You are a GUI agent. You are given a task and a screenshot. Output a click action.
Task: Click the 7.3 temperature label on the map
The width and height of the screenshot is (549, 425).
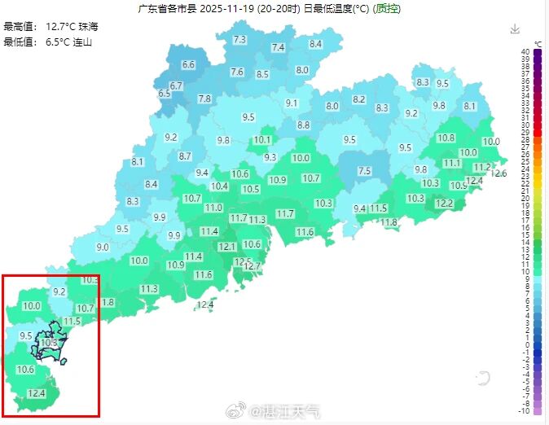[239, 40]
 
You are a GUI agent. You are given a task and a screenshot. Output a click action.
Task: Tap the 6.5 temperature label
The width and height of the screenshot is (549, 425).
[165, 94]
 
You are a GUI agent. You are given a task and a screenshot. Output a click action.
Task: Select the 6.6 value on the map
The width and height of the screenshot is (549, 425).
[188, 64]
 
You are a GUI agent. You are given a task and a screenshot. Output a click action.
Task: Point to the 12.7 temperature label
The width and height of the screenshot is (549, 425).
[252, 266]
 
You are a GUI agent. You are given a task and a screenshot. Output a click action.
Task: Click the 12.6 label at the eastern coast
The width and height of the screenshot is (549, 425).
[499, 173]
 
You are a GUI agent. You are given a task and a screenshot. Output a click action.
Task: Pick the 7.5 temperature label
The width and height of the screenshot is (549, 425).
[364, 171]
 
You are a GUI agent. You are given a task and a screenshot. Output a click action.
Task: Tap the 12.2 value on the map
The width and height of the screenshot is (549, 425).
[444, 204]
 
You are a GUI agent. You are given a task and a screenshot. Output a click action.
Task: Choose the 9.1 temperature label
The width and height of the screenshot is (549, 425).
[292, 103]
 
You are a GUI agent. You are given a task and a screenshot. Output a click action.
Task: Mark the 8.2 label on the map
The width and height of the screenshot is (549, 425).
[358, 99]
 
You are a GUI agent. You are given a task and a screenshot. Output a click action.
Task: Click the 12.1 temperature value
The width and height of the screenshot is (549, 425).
[226, 247]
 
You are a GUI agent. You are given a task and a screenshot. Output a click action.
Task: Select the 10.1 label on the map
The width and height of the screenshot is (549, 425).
[261, 140]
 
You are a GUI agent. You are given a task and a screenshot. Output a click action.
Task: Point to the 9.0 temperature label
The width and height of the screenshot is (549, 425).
[103, 248]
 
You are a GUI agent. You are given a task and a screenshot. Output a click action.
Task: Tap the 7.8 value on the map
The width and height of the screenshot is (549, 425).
[204, 99]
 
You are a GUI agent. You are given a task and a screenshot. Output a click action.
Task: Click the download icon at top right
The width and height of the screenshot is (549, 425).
[515, 29]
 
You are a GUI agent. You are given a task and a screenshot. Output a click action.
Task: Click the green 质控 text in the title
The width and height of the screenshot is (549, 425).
[387, 9]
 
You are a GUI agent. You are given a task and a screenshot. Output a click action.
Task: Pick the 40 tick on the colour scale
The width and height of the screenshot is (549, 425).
[527, 51]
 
